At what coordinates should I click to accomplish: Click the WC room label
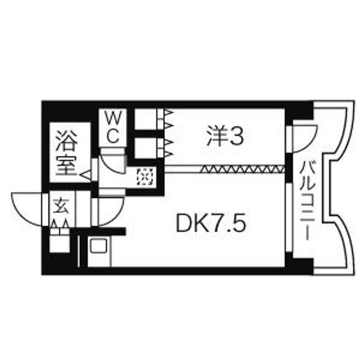113,128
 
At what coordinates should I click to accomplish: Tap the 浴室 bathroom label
66,153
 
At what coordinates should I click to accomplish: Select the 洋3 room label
225,137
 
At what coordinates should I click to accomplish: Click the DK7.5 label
211,223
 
